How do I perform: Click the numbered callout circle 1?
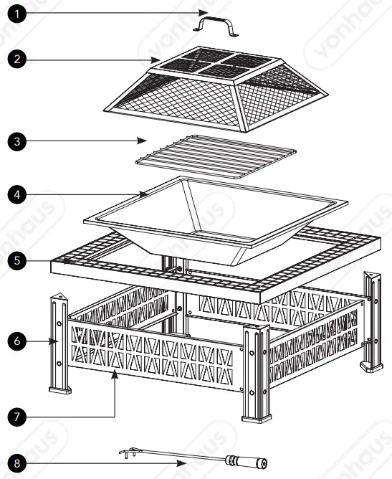(x=16, y=14)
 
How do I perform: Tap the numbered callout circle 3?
(x=16, y=141)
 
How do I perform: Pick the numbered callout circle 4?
(x=16, y=193)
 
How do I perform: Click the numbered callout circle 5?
(x=16, y=261)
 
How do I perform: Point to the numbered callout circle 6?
(x=16, y=343)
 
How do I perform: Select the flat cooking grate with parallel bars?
(x=215, y=156)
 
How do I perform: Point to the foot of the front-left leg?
(x=59, y=390)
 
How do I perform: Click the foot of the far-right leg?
(x=371, y=367)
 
